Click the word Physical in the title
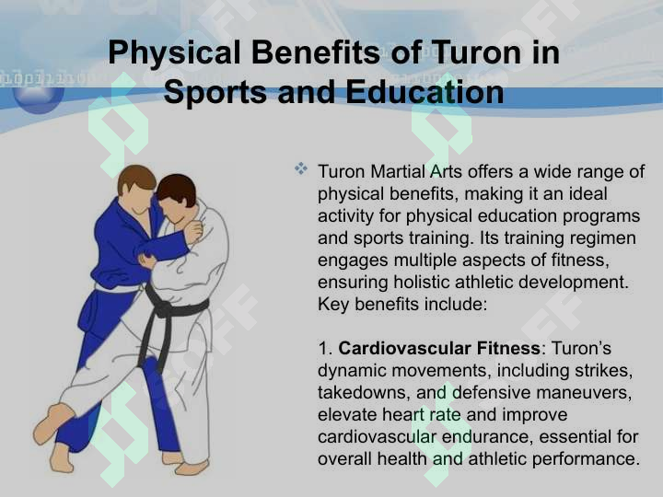click(174, 53)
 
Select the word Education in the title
click(425, 92)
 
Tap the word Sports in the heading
click(215, 93)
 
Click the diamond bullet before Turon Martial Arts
click(301, 168)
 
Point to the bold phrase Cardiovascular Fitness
click(439, 348)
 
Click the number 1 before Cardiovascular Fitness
click(323, 349)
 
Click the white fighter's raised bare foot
click(52, 422)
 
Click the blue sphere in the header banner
click(38, 98)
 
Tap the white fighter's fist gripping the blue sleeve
click(193, 232)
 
